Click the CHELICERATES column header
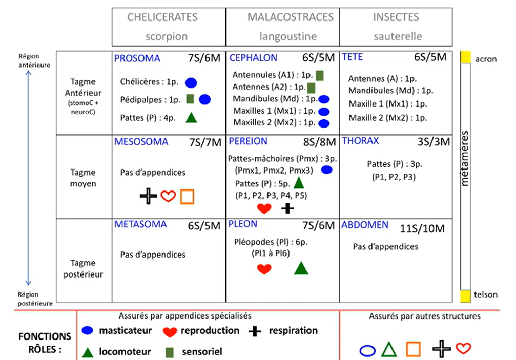(162, 17)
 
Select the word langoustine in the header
(288, 36)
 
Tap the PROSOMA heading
(137, 58)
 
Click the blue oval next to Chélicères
(191, 82)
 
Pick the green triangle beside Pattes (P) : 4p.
(191, 117)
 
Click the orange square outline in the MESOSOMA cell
(187, 197)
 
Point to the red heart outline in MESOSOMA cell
(168, 197)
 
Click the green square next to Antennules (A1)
(320, 75)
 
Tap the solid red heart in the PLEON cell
(264, 269)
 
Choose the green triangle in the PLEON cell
(301, 268)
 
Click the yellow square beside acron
(465, 57)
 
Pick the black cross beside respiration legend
(255, 331)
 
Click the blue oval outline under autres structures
(367, 350)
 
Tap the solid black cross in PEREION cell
(288, 208)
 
